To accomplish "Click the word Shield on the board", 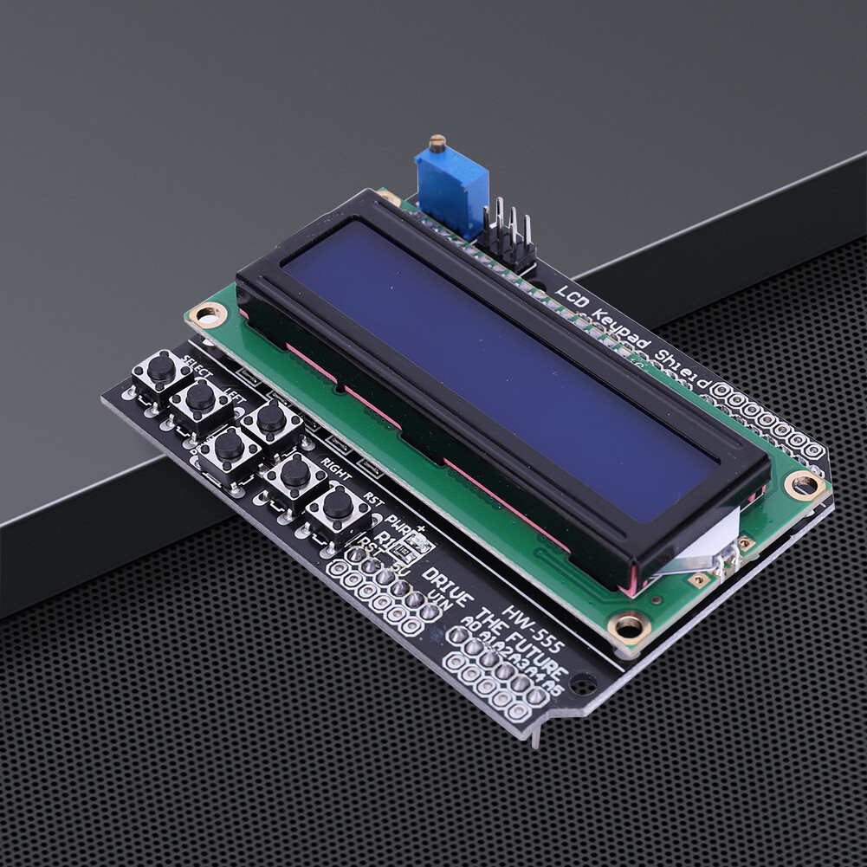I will (x=683, y=371).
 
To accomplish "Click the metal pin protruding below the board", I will (x=534, y=736).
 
